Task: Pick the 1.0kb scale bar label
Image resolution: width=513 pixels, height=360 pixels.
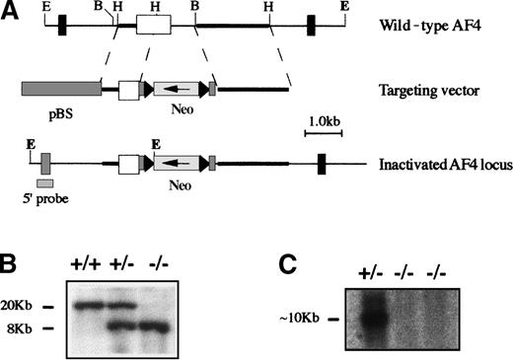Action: click(x=326, y=120)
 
